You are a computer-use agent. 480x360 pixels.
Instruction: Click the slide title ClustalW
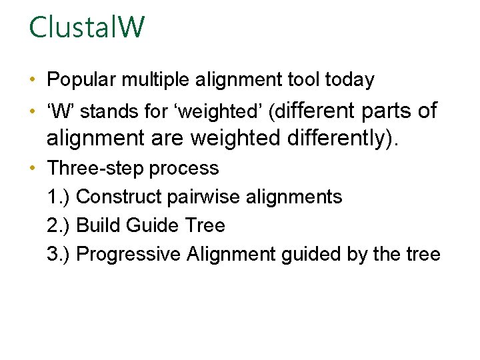point(87,28)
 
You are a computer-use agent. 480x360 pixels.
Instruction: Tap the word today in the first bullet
point(349,80)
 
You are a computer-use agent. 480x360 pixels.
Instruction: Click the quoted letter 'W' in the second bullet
point(59,111)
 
